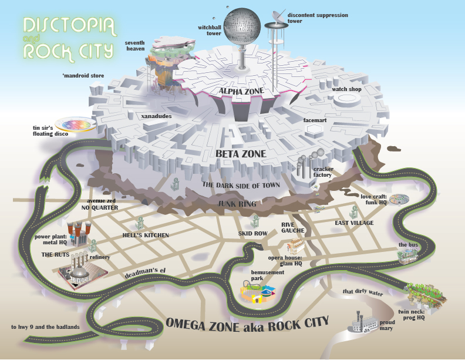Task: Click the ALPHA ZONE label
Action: click(x=241, y=92)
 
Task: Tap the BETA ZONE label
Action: click(x=241, y=154)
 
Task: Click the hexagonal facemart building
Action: click(x=312, y=129)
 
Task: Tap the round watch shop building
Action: click(x=347, y=100)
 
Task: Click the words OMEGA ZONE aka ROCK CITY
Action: click(x=247, y=322)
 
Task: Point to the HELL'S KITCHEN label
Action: click(x=146, y=235)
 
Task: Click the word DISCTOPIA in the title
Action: click(x=68, y=26)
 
